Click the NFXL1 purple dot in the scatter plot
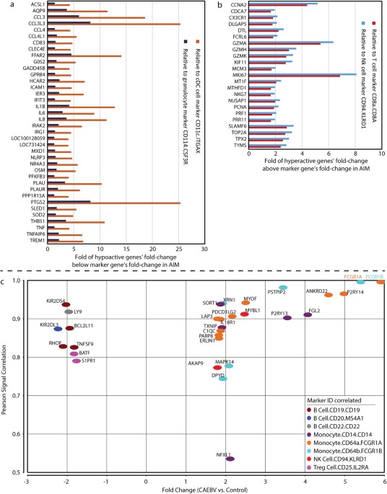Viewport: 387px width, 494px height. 230,459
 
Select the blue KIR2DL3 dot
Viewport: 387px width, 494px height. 58,328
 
